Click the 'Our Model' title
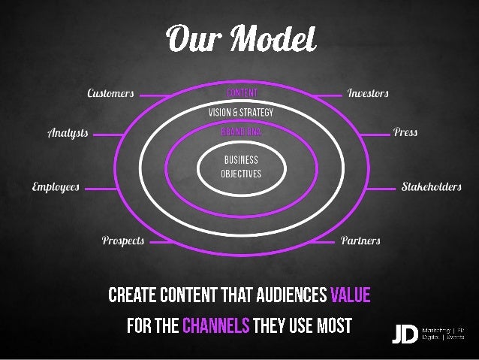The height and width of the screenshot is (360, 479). click(x=241, y=37)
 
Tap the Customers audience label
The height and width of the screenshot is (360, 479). click(x=110, y=95)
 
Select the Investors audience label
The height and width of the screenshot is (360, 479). click(x=368, y=95)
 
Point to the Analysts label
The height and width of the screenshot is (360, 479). click(x=68, y=134)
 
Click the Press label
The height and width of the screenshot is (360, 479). click(x=405, y=132)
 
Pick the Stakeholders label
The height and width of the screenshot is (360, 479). click(x=431, y=186)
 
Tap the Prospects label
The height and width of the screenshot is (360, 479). click(x=122, y=241)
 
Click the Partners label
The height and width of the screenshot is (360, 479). click(x=360, y=241)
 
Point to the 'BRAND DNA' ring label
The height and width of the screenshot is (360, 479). click(x=241, y=130)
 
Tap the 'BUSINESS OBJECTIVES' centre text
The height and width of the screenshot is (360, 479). click(x=241, y=165)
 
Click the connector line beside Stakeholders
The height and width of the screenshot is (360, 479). click(x=381, y=186)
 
